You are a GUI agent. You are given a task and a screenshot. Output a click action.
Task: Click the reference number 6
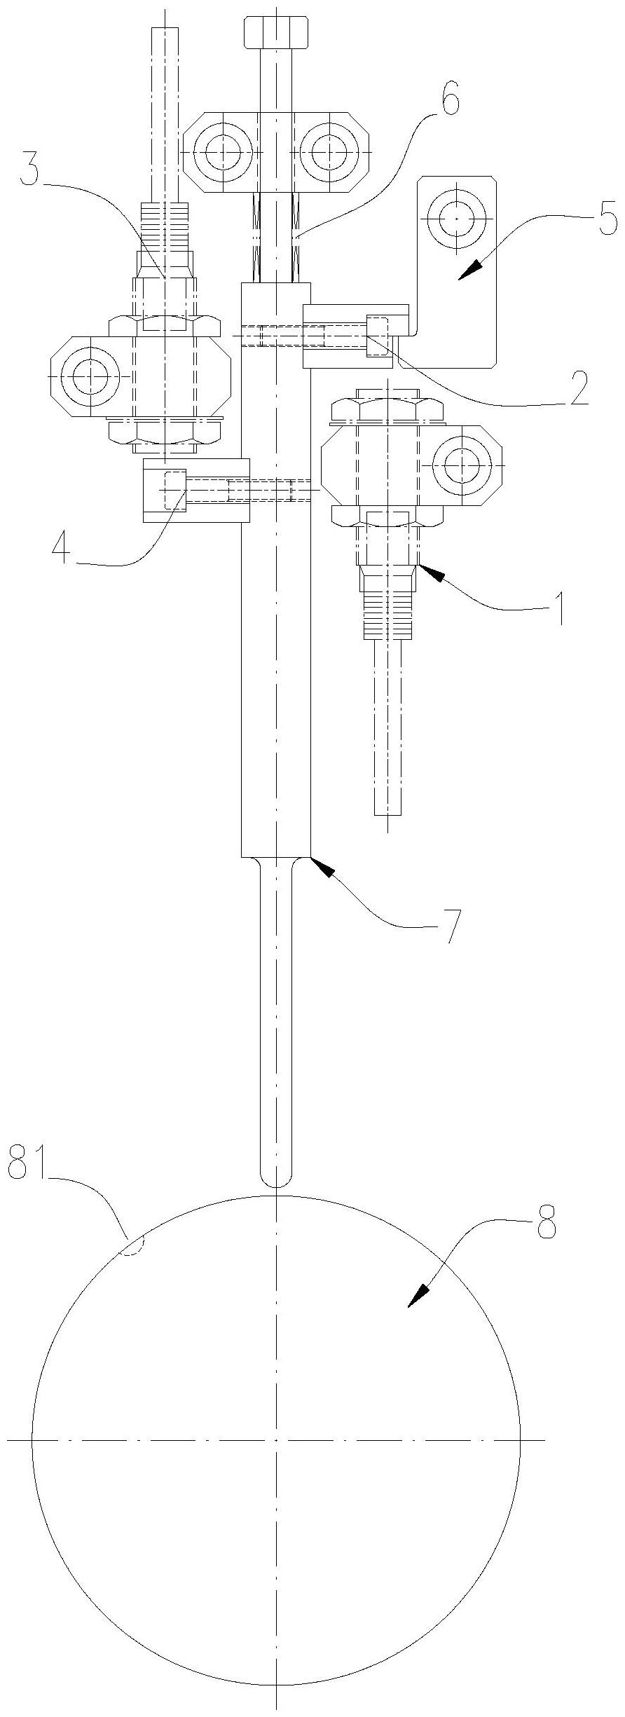pyautogui.click(x=449, y=102)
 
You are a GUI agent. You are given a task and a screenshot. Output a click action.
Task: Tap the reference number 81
pyautogui.click(x=30, y=1165)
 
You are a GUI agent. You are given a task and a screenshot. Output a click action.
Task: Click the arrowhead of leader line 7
pyautogui.click(x=320, y=866)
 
